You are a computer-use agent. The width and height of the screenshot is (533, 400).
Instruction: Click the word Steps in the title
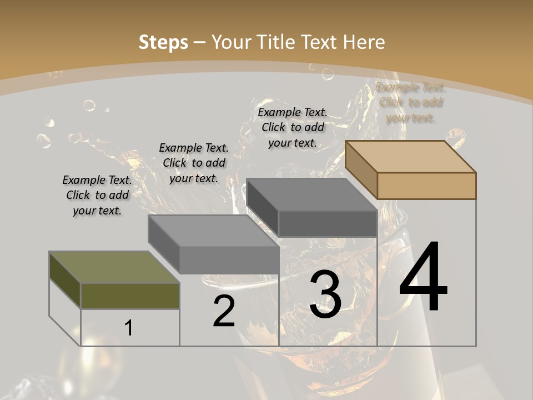pos(163,42)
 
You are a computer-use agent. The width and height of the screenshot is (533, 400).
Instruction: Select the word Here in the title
pos(364,42)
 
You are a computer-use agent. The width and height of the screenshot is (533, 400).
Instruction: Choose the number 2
pos(224,312)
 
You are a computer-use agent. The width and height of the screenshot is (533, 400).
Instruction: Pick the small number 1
pos(129,328)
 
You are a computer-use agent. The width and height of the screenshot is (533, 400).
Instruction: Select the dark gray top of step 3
pos(311,194)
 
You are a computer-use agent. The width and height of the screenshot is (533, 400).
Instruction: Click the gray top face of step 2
pos(213,231)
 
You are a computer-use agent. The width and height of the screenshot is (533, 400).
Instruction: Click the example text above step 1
pos(97,195)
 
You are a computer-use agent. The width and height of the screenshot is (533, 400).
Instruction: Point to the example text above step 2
pos(194,163)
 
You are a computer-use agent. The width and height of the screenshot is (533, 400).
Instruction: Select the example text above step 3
pos(293,127)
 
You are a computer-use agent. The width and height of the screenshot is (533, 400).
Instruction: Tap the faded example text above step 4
pos(410,103)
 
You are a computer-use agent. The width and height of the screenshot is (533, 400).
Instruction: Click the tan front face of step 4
pos(426,186)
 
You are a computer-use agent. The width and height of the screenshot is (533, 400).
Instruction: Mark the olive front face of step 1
pos(130,296)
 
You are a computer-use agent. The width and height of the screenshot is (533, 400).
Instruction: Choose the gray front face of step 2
pos(229,259)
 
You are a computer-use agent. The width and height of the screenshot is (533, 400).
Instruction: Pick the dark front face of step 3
pos(328,223)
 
